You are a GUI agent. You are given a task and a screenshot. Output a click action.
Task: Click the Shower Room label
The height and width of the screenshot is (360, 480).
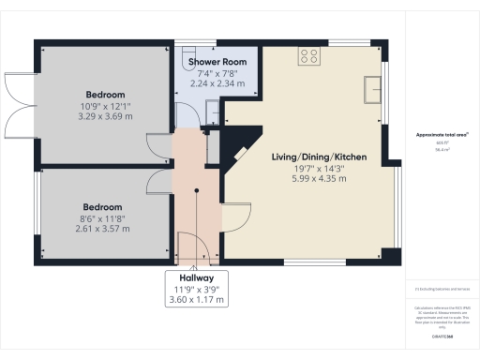tap(217, 62)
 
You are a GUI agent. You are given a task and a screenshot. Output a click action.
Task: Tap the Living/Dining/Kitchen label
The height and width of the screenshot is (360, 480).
tap(320, 157)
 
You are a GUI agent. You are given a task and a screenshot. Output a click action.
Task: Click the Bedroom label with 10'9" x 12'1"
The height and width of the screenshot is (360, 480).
tap(106, 95)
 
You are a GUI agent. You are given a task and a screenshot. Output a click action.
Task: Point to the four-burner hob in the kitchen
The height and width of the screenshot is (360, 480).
tap(308, 55)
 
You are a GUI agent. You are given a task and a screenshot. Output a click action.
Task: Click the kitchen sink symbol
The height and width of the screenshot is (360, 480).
tap(374, 88)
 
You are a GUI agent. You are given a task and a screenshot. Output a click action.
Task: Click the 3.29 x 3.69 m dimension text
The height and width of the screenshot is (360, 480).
tap(106, 116)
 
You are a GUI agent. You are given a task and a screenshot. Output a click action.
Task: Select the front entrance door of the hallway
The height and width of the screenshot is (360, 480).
tap(193, 248)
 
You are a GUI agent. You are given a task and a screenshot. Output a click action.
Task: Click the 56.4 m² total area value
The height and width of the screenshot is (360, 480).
tap(436, 148)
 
